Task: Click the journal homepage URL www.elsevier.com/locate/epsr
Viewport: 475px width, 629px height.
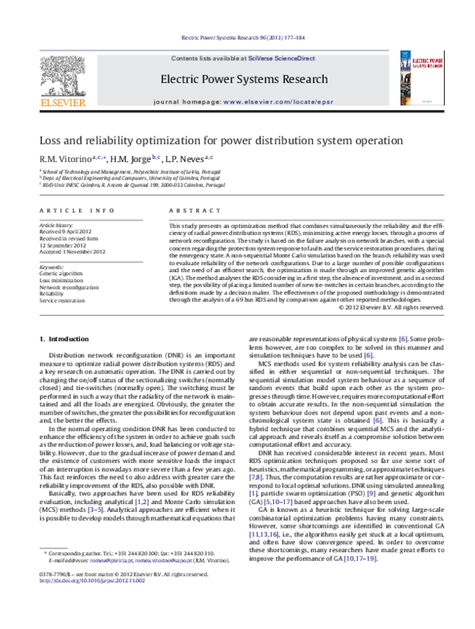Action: click(271, 103)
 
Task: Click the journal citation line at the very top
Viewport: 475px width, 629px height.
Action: click(237, 37)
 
